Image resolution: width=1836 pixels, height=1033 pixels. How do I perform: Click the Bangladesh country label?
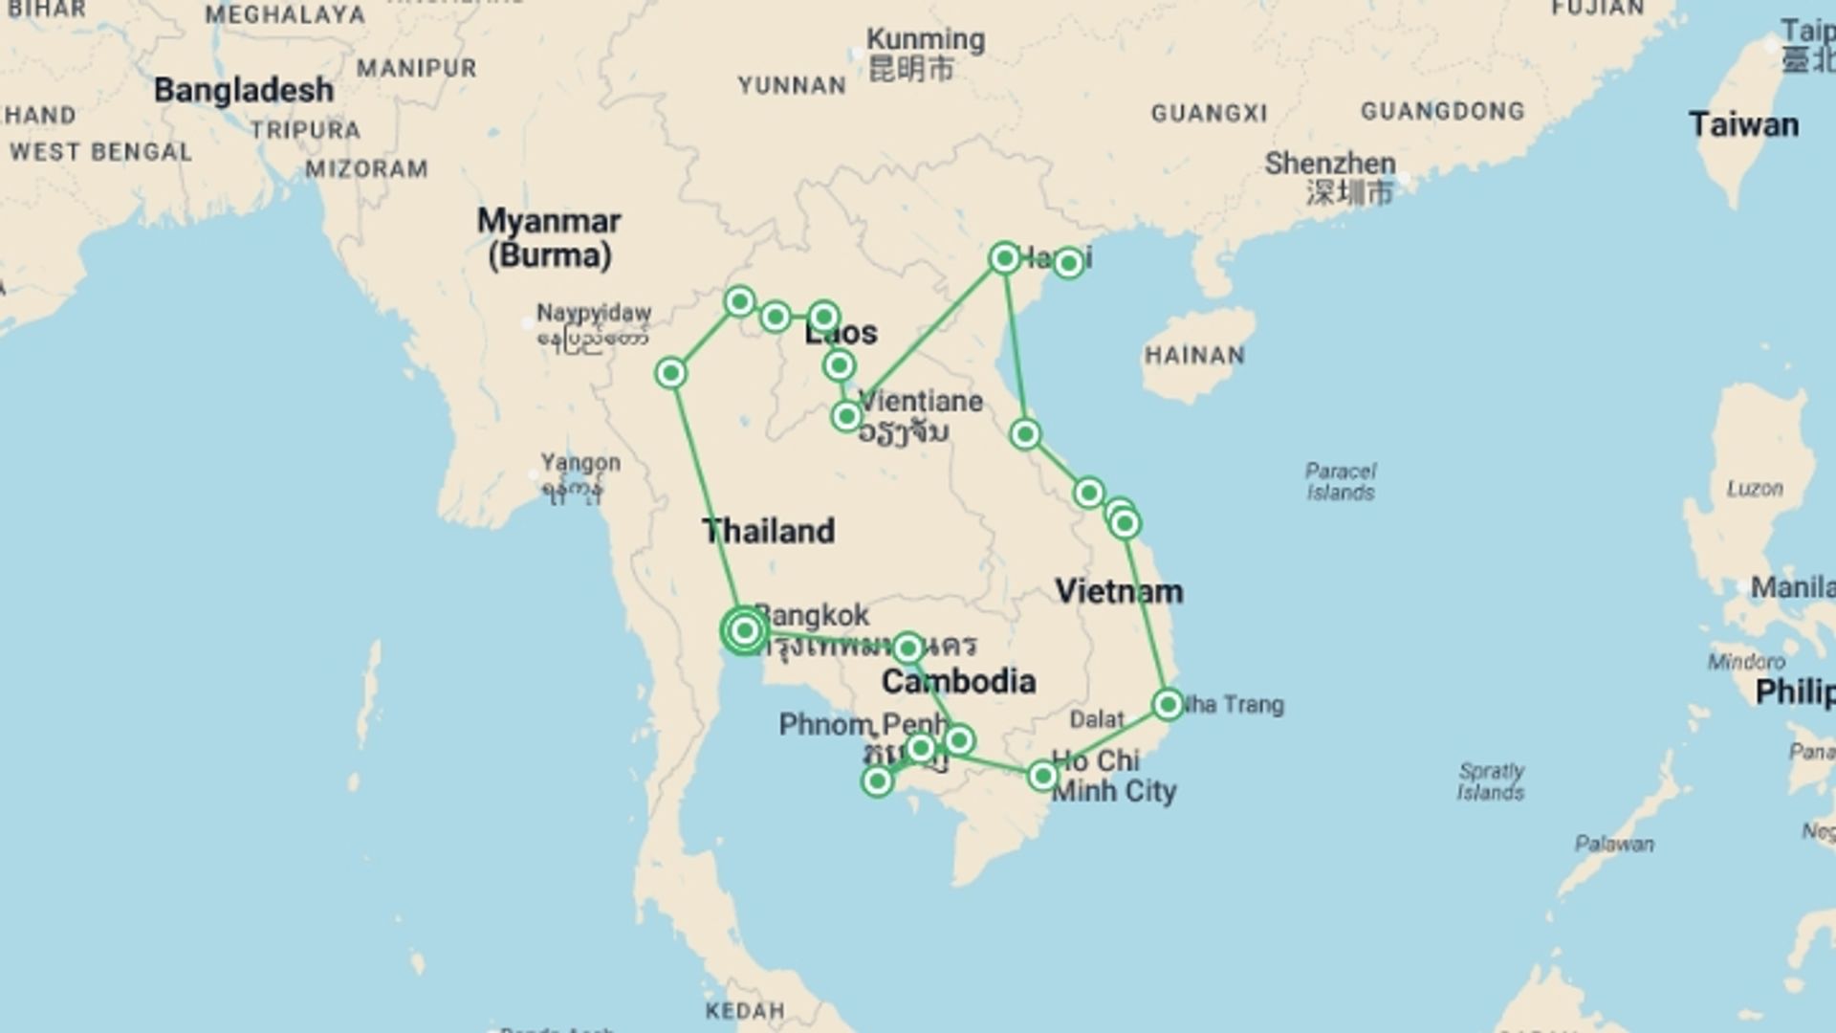(244, 91)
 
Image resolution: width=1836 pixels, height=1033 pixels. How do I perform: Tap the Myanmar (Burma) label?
(549, 238)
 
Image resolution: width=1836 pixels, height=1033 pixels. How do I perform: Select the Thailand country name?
(768, 531)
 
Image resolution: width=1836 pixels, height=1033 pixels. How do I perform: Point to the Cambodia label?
(958, 681)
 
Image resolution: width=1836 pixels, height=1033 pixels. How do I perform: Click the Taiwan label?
(1743, 125)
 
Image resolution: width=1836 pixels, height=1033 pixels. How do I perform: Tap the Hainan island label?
(1194, 356)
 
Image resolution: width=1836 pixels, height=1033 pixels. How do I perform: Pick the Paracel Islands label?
(1340, 482)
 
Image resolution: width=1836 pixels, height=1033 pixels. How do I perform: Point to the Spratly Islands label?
(1490, 781)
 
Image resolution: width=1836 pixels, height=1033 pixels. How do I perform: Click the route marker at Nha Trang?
(1168, 705)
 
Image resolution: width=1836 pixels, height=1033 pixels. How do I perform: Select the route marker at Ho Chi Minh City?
(1042, 776)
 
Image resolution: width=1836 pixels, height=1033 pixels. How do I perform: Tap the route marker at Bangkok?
(745, 630)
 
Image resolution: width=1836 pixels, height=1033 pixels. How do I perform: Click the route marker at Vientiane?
(846, 416)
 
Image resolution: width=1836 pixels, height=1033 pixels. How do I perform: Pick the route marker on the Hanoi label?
(1068, 262)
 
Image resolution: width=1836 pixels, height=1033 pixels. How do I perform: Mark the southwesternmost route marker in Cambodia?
(877, 781)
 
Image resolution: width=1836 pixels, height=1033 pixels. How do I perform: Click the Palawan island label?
(1614, 844)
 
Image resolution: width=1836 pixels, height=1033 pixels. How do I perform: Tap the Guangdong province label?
(1442, 112)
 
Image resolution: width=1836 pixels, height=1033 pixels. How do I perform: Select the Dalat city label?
(1097, 719)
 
